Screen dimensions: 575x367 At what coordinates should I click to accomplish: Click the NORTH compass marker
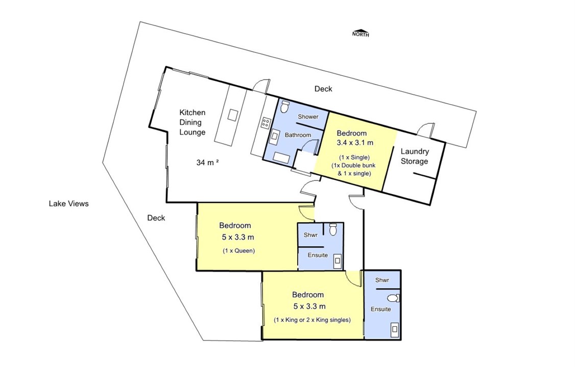click(x=361, y=33)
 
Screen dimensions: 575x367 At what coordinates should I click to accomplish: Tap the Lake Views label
click(x=68, y=203)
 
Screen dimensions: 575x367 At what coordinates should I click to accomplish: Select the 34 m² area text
click(x=207, y=163)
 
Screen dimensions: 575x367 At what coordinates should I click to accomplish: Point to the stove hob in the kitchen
click(x=265, y=122)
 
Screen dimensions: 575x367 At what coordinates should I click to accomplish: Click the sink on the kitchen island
click(x=232, y=115)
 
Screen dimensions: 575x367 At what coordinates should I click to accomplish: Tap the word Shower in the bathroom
click(x=308, y=117)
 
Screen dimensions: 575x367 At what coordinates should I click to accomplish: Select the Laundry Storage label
click(x=414, y=156)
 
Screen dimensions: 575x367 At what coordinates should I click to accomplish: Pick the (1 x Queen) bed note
click(x=238, y=251)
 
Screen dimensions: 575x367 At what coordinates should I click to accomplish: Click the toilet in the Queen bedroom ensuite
click(x=333, y=229)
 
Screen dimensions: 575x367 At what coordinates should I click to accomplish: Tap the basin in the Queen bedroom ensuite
click(x=338, y=261)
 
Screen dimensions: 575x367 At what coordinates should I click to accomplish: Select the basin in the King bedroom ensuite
click(x=395, y=329)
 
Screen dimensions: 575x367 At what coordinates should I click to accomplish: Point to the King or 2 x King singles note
click(x=312, y=320)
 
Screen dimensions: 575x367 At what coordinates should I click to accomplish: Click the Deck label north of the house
click(x=323, y=89)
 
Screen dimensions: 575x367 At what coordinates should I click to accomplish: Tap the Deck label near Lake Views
click(x=156, y=218)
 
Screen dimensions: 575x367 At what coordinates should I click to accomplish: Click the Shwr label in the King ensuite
click(x=382, y=280)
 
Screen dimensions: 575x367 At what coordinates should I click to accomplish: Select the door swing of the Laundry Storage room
click(x=426, y=128)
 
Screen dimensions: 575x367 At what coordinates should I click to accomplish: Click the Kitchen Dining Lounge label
click(x=192, y=122)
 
